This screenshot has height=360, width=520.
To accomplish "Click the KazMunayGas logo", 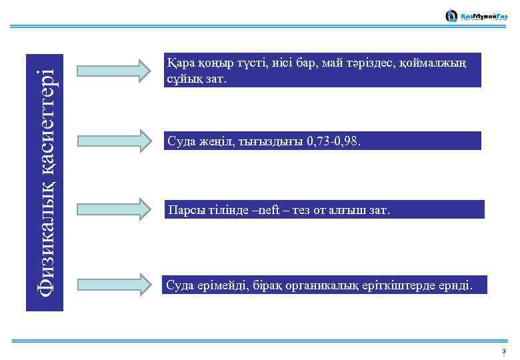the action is coord(475,16).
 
